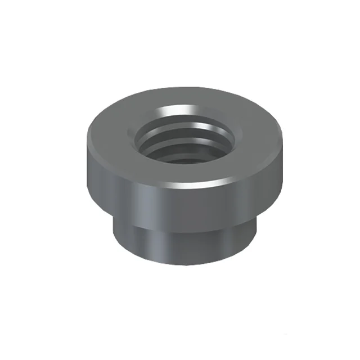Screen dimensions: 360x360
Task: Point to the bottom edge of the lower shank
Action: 186,263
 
